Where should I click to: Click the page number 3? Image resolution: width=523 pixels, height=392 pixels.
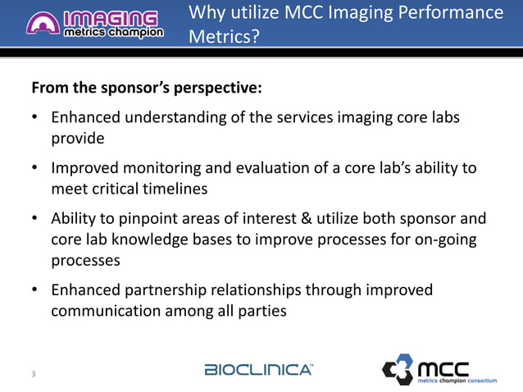coord(33,375)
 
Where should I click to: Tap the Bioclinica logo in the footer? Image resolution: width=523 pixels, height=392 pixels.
coord(257,369)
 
